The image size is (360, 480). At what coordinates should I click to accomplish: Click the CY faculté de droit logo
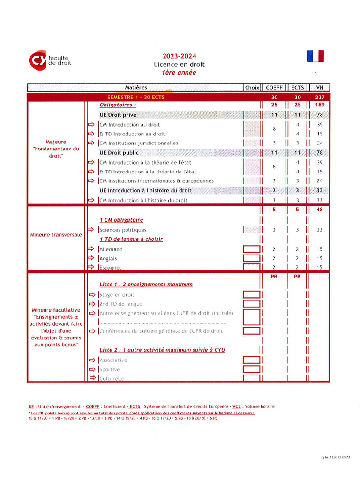[x=50, y=60]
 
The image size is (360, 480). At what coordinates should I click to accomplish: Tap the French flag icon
[x=315, y=56]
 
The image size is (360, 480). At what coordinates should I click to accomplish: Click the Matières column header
[x=136, y=88]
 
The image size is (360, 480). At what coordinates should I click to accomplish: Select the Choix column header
[x=252, y=88]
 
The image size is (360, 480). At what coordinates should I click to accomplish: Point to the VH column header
[x=320, y=88]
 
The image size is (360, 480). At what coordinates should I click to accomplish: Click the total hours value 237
[x=320, y=97]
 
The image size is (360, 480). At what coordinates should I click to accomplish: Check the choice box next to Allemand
[x=251, y=249]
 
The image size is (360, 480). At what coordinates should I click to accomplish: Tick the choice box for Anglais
[x=251, y=258]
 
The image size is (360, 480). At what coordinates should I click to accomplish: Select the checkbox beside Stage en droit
[x=251, y=295]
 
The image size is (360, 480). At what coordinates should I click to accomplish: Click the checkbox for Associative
[x=251, y=360]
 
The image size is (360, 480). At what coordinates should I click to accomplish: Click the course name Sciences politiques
[x=123, y=230]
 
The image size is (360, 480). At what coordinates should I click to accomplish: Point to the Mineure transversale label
[x=56, y=234]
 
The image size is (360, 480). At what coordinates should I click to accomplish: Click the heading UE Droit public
[x=119, y=153]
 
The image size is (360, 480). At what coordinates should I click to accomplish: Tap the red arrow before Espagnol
[x=91, y=267]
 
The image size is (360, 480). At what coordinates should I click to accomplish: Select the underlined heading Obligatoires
[x=118, y=105]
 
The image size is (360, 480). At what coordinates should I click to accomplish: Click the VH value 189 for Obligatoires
[x=320, y=105]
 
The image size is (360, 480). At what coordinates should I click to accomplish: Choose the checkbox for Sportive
[x=251, y=369]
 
